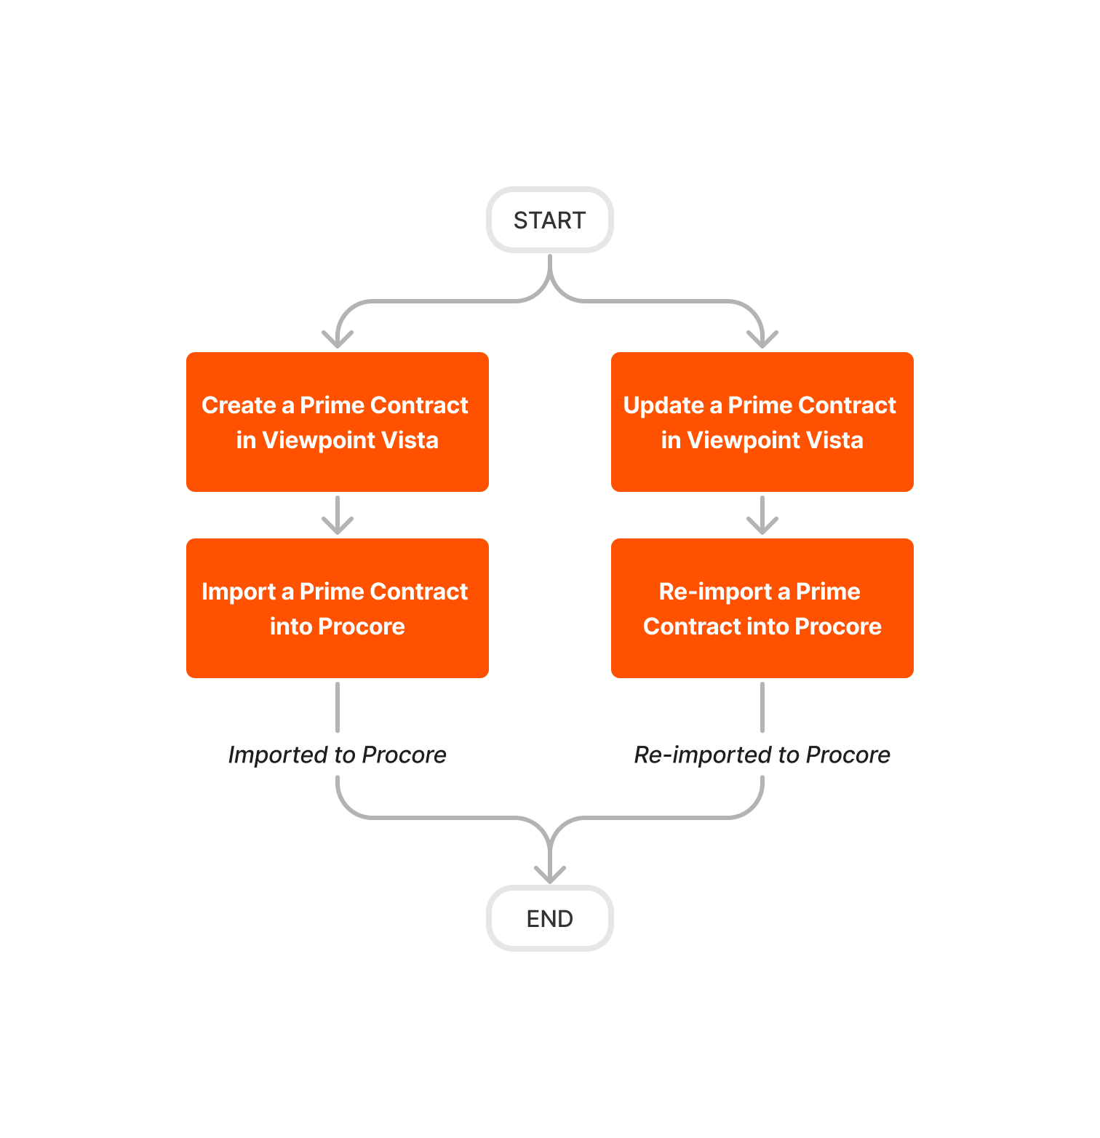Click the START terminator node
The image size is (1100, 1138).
[x=549, y=220]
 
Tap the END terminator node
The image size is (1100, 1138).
[x=549, y=918]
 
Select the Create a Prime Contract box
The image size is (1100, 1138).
[x=337, y=422]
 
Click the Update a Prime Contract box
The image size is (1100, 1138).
[x=762, y=422]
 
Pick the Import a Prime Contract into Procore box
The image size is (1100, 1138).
[x=337, y=608]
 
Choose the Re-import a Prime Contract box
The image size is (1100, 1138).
[x=762, y=608]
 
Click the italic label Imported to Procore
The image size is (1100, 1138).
[x=337, y=755]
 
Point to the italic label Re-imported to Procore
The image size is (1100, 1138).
[x=762, y=755]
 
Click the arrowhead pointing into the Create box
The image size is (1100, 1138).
[x=338, y=339]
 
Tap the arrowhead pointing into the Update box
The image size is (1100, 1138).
[x=762, y=339]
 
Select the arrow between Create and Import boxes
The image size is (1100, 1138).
[x=338, y=515]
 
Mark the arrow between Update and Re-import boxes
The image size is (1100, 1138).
[x=762, y=515]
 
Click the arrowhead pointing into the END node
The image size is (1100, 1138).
[x=550, y=874]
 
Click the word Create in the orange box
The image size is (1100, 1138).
[x=239, y=405]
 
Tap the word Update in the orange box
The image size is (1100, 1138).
[x=663, y=405]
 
